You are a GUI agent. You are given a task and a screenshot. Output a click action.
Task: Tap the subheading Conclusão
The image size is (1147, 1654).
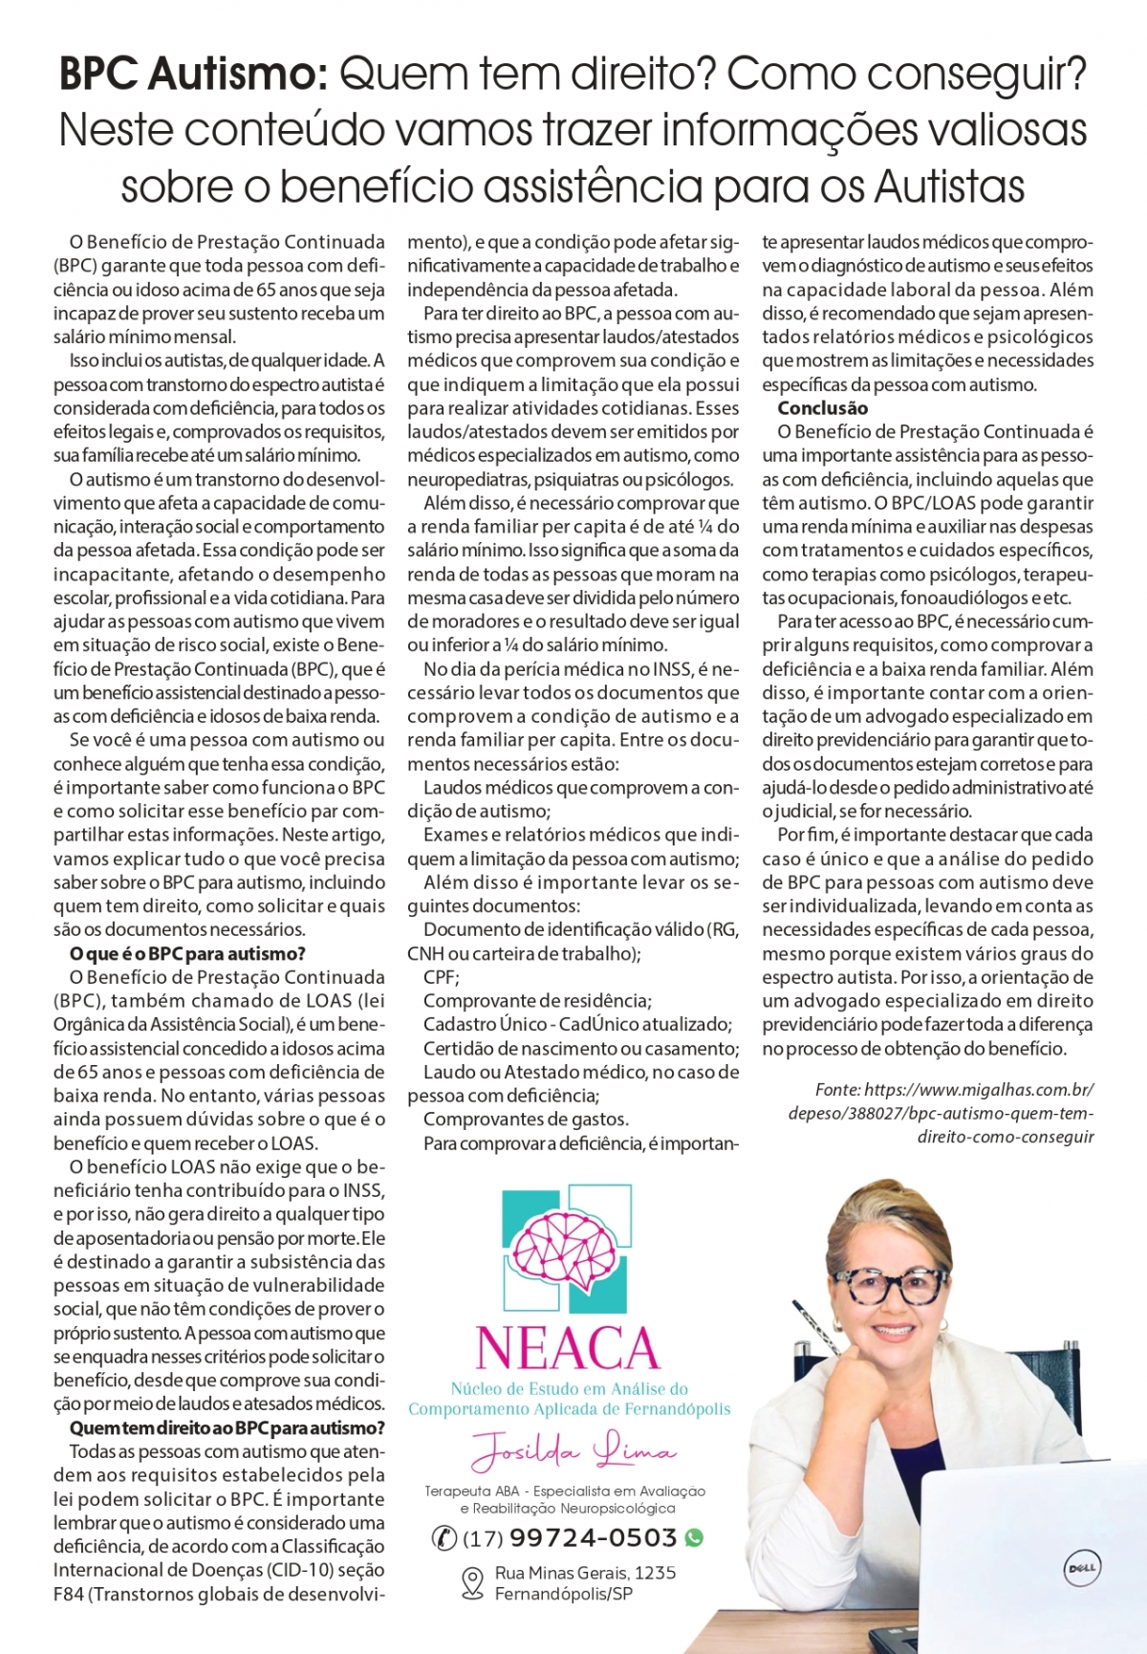click(x=822, y=408)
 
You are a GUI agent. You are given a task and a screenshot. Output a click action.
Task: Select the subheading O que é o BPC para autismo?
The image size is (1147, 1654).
click(x=187, y=953)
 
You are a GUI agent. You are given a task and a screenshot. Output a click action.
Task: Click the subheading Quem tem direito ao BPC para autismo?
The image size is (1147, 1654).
click(x=227, y=1428)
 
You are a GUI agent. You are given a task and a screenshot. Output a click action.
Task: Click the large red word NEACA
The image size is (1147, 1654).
click(x=568, y=1348)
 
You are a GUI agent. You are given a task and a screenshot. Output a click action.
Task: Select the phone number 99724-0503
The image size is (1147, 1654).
click(x=594, y=1537)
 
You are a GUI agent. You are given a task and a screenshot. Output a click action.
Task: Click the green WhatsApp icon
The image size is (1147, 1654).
click(x=694, y=1537)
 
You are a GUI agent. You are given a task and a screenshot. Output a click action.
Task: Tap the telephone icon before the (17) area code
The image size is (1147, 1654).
click(x=444, y=1537)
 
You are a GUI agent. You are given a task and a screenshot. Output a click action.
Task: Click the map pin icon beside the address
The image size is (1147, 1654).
click(x=472, y=1582)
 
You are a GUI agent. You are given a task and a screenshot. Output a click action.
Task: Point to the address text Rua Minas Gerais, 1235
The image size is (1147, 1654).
click(x=585, y=1573)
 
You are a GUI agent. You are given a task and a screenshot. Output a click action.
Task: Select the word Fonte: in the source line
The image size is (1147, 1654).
click(x=837, y=1090)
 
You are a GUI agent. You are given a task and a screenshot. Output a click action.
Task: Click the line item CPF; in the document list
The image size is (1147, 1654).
click(x=442, y=977)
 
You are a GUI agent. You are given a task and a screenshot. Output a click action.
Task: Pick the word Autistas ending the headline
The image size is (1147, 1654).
click(x=950, y=185)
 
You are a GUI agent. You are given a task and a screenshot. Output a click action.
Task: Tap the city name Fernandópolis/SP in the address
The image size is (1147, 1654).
click(x=564, y=1594)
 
